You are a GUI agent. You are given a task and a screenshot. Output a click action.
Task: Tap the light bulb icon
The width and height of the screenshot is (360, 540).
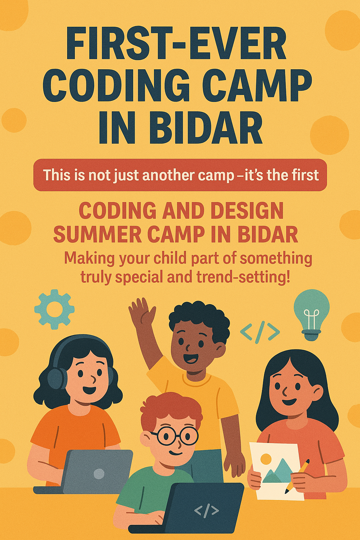(x=311, y=315)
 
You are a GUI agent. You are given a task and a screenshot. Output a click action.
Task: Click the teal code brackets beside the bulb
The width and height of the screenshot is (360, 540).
(x=260, y=332)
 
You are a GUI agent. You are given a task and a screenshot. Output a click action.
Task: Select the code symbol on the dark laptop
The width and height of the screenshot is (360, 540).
(x=206, y=510)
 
